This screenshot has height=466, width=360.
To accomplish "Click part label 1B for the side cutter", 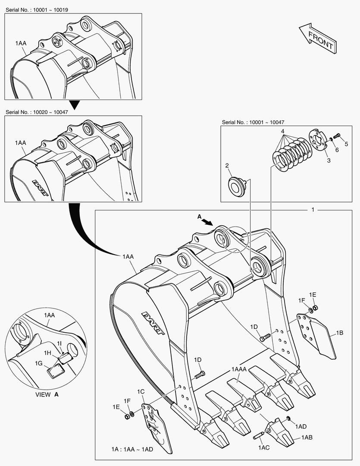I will [339, 333].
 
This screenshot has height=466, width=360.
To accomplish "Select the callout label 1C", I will [141, 392].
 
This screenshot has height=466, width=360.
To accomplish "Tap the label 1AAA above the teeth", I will [239, 369].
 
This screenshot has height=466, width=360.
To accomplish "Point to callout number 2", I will [227, 165].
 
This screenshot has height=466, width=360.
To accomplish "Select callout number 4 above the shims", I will [282, 131].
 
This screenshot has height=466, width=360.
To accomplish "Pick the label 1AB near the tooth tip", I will [307, 437].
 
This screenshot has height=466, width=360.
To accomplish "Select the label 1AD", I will [301, 426].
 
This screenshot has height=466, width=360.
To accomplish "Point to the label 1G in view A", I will [39, 363].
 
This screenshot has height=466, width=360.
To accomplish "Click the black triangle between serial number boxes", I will [75, 104].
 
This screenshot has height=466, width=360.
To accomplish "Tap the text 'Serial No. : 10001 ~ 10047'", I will [253, 123].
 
